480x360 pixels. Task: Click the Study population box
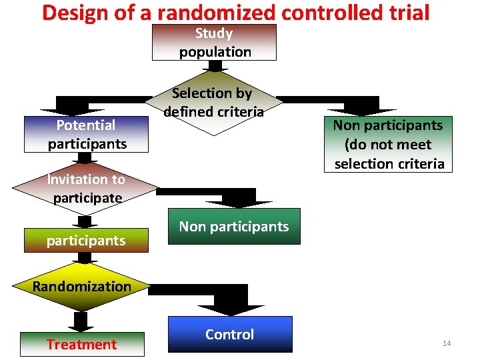[x=214, y=43]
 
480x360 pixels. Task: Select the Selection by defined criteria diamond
[x=214, y=103]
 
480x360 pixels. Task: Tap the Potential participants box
[x=86, y=135]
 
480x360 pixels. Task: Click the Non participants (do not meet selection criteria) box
[x=388, y=145]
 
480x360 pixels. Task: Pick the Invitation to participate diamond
[x=85, y=189]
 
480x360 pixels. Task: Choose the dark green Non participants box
[x=233, y=227]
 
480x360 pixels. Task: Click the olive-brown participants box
[x=85, y=240]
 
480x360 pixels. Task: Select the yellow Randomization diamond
[x=82, y=287]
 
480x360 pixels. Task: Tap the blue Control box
[x=230, y=334]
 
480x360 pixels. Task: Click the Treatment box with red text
[x=82, y=344]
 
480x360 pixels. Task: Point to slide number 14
[x=447, y=343]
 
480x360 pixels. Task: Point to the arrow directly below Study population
[x=215, y=67]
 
